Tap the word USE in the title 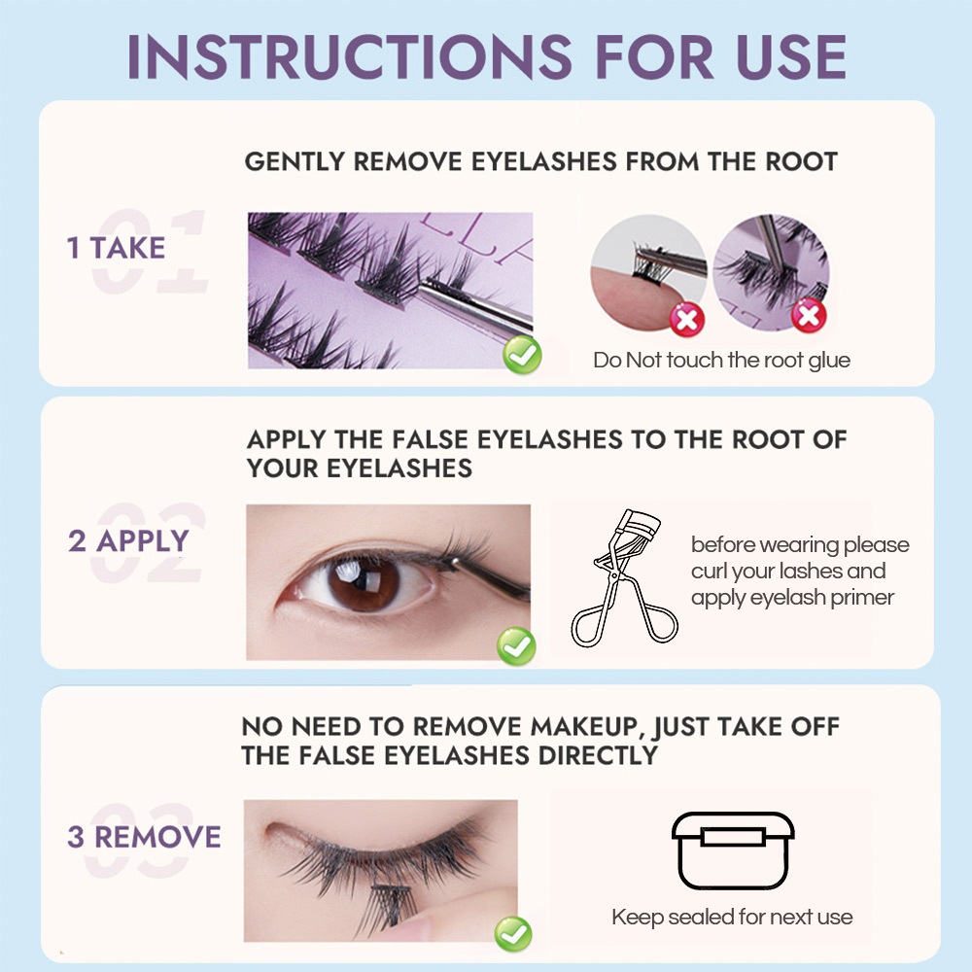point(791,56)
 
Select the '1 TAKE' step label point(116,248)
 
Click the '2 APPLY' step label point(128,540)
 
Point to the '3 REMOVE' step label point(144,836)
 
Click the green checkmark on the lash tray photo point(522,355)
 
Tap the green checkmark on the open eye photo point(516,646)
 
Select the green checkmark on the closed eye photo point(513,933)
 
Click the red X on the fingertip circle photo point(687,320)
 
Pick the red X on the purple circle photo point(809,315)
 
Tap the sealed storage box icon point(733,850)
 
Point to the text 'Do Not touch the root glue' point(721,361)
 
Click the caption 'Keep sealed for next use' point(732,917)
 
